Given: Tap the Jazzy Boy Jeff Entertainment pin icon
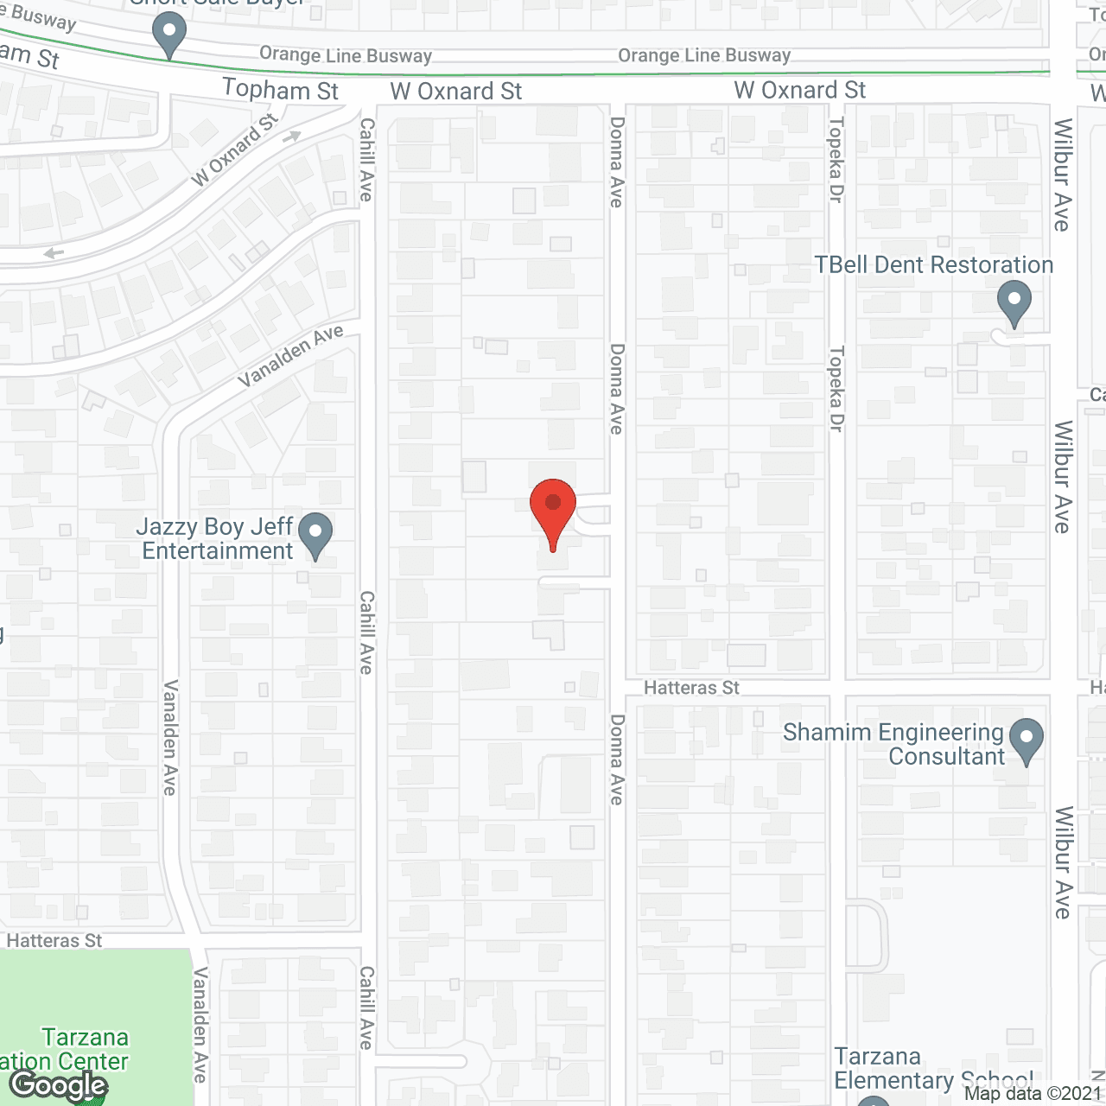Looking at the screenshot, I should tap(315, 534).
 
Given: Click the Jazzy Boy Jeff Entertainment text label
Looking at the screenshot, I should tap(217, 539).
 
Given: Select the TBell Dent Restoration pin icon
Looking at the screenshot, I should tap(1014, 303).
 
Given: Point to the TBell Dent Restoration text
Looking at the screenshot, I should tap(934, 265).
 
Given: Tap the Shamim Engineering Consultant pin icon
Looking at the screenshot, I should tap(1026, 741).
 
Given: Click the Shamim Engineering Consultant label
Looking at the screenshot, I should tap(893, 744).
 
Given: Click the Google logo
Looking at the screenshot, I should tap(59, 1085).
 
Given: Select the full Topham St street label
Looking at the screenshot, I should tap(280, 90).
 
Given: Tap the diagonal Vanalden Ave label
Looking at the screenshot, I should tap(290, 356).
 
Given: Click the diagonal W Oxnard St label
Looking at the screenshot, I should tap(234, 149).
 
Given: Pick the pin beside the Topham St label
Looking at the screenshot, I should tap(169, 35).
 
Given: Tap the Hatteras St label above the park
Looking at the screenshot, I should tap(54, 941).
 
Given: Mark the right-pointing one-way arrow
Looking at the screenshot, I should tap(293, 136).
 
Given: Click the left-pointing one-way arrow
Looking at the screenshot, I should tap(54, 253).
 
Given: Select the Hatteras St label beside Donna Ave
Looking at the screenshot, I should tap(692, 688).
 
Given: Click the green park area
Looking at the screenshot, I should tap(95, 994).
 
